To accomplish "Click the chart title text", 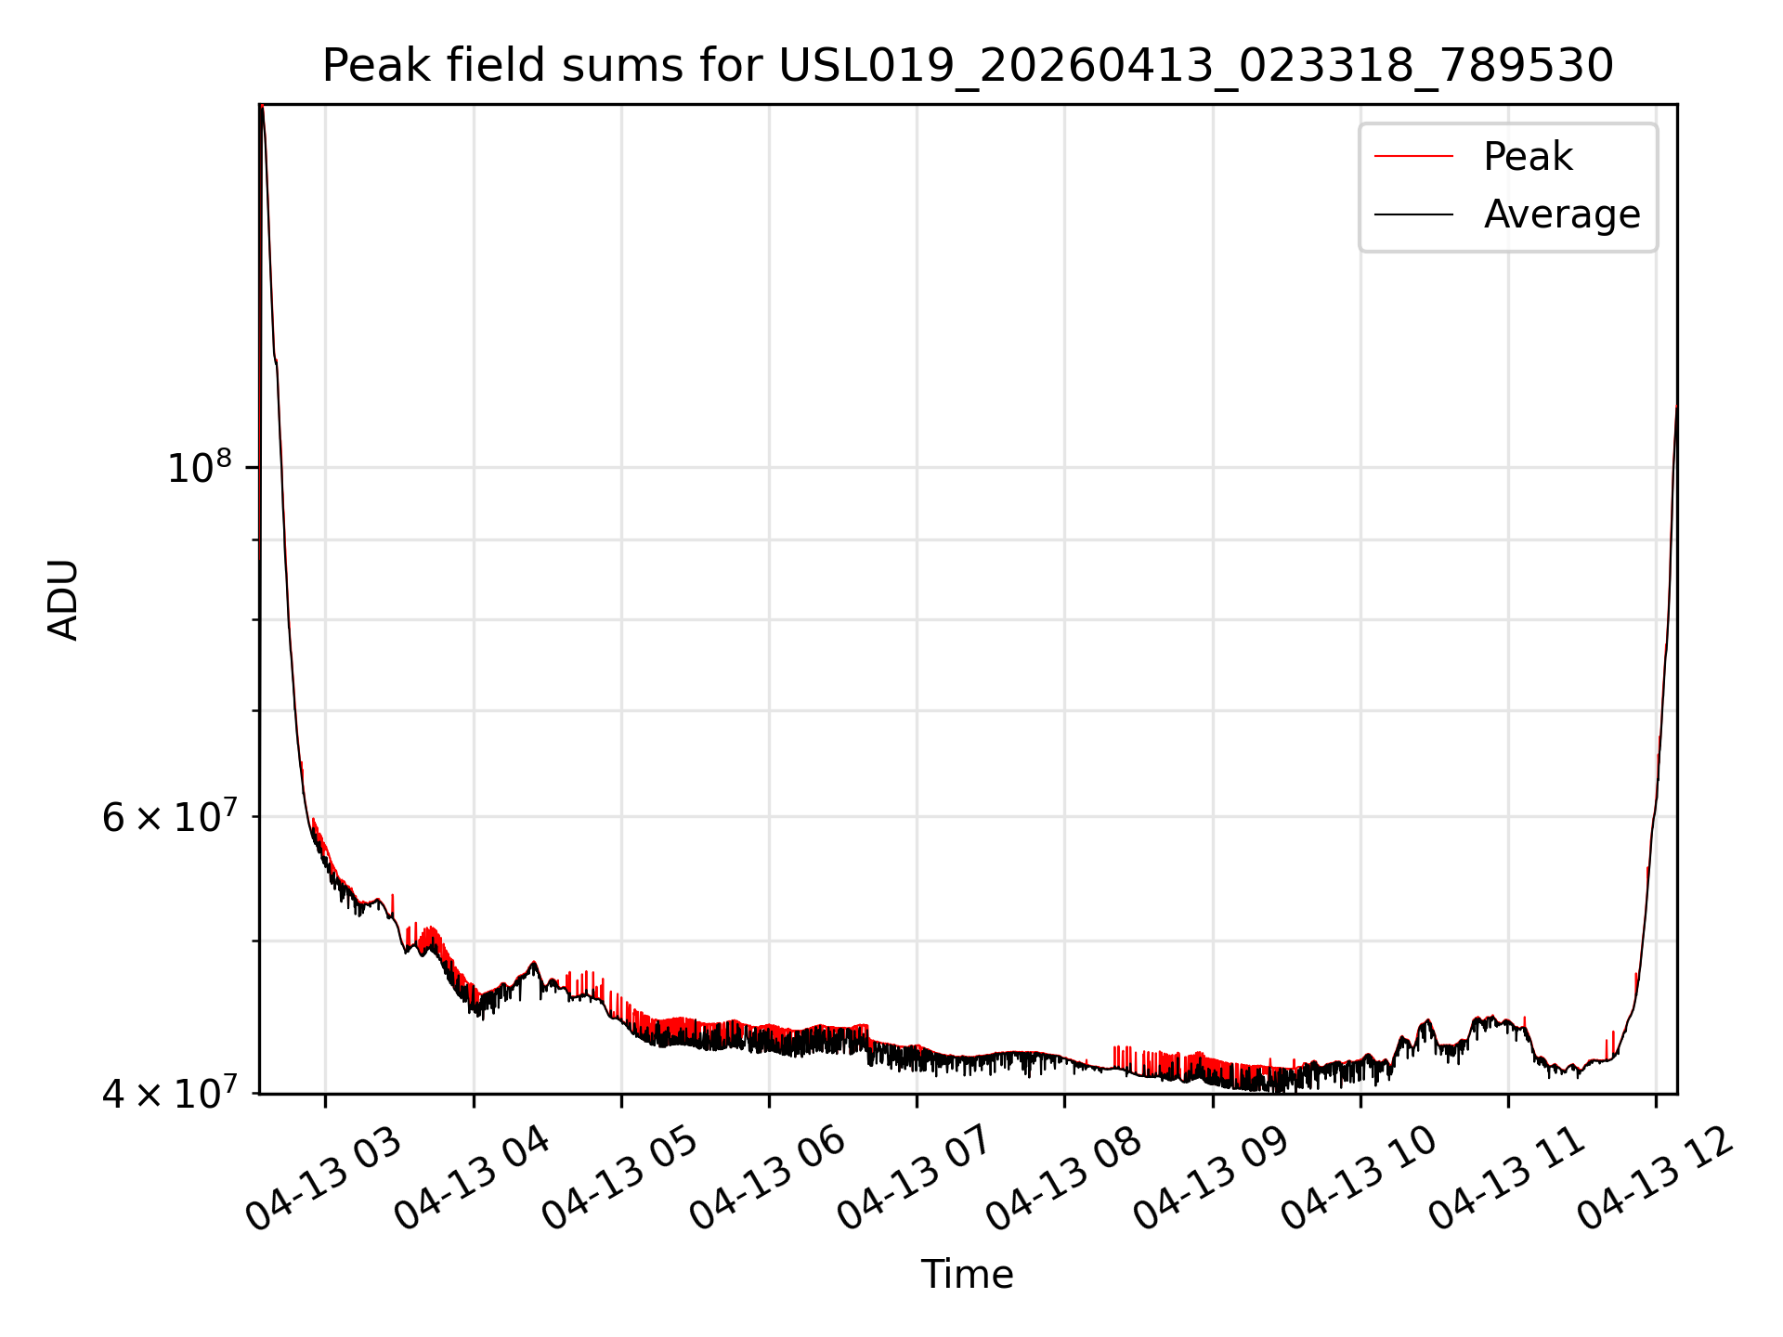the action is coord(968,66).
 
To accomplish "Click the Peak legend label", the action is coord(1528,156).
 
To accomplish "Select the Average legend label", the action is coord(1562,214).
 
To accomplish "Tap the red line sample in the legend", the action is coord(1413,156).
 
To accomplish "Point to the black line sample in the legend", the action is coord(1413,214).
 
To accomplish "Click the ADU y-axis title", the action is coord(63,599).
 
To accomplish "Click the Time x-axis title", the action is coord(967,1274).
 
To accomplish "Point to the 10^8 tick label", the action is coord(199,466).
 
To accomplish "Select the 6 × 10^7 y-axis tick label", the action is coord(169,816).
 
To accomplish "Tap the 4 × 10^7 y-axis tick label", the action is coord(169,1093).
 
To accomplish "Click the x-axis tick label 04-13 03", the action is coord(324,1178).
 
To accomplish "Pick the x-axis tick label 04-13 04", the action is coord(472,1178).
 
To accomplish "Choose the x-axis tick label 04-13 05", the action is coord(619,1178).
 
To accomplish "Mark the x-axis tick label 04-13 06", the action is coord(767,1178).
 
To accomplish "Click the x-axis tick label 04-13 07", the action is coord(915,1178).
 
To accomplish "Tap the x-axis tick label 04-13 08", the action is coord(1062,1178).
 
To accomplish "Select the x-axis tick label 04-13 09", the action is coord(1211,1178).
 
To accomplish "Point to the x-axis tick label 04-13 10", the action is coord(1359,1178).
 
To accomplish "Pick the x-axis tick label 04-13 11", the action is coord(1506,1178).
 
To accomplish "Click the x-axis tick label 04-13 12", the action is coord(1655,1178).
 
